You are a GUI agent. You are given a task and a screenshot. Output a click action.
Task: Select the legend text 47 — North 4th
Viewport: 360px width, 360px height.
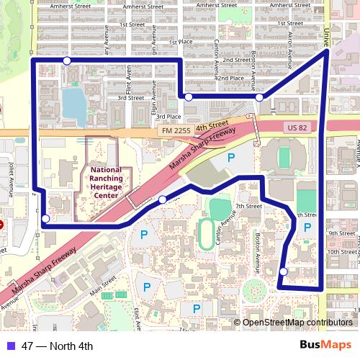click(58, 346)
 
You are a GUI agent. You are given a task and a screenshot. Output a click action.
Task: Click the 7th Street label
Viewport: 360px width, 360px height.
click(248, 206)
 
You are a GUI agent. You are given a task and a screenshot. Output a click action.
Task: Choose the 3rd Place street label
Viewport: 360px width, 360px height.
click(168, 117)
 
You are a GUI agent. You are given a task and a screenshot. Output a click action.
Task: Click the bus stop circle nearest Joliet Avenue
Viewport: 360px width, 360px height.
click(46, 219)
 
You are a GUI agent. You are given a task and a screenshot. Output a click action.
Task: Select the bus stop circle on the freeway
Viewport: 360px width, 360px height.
click(163, 199)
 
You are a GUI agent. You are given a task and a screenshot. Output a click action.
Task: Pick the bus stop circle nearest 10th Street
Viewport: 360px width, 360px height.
click(284, 271)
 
